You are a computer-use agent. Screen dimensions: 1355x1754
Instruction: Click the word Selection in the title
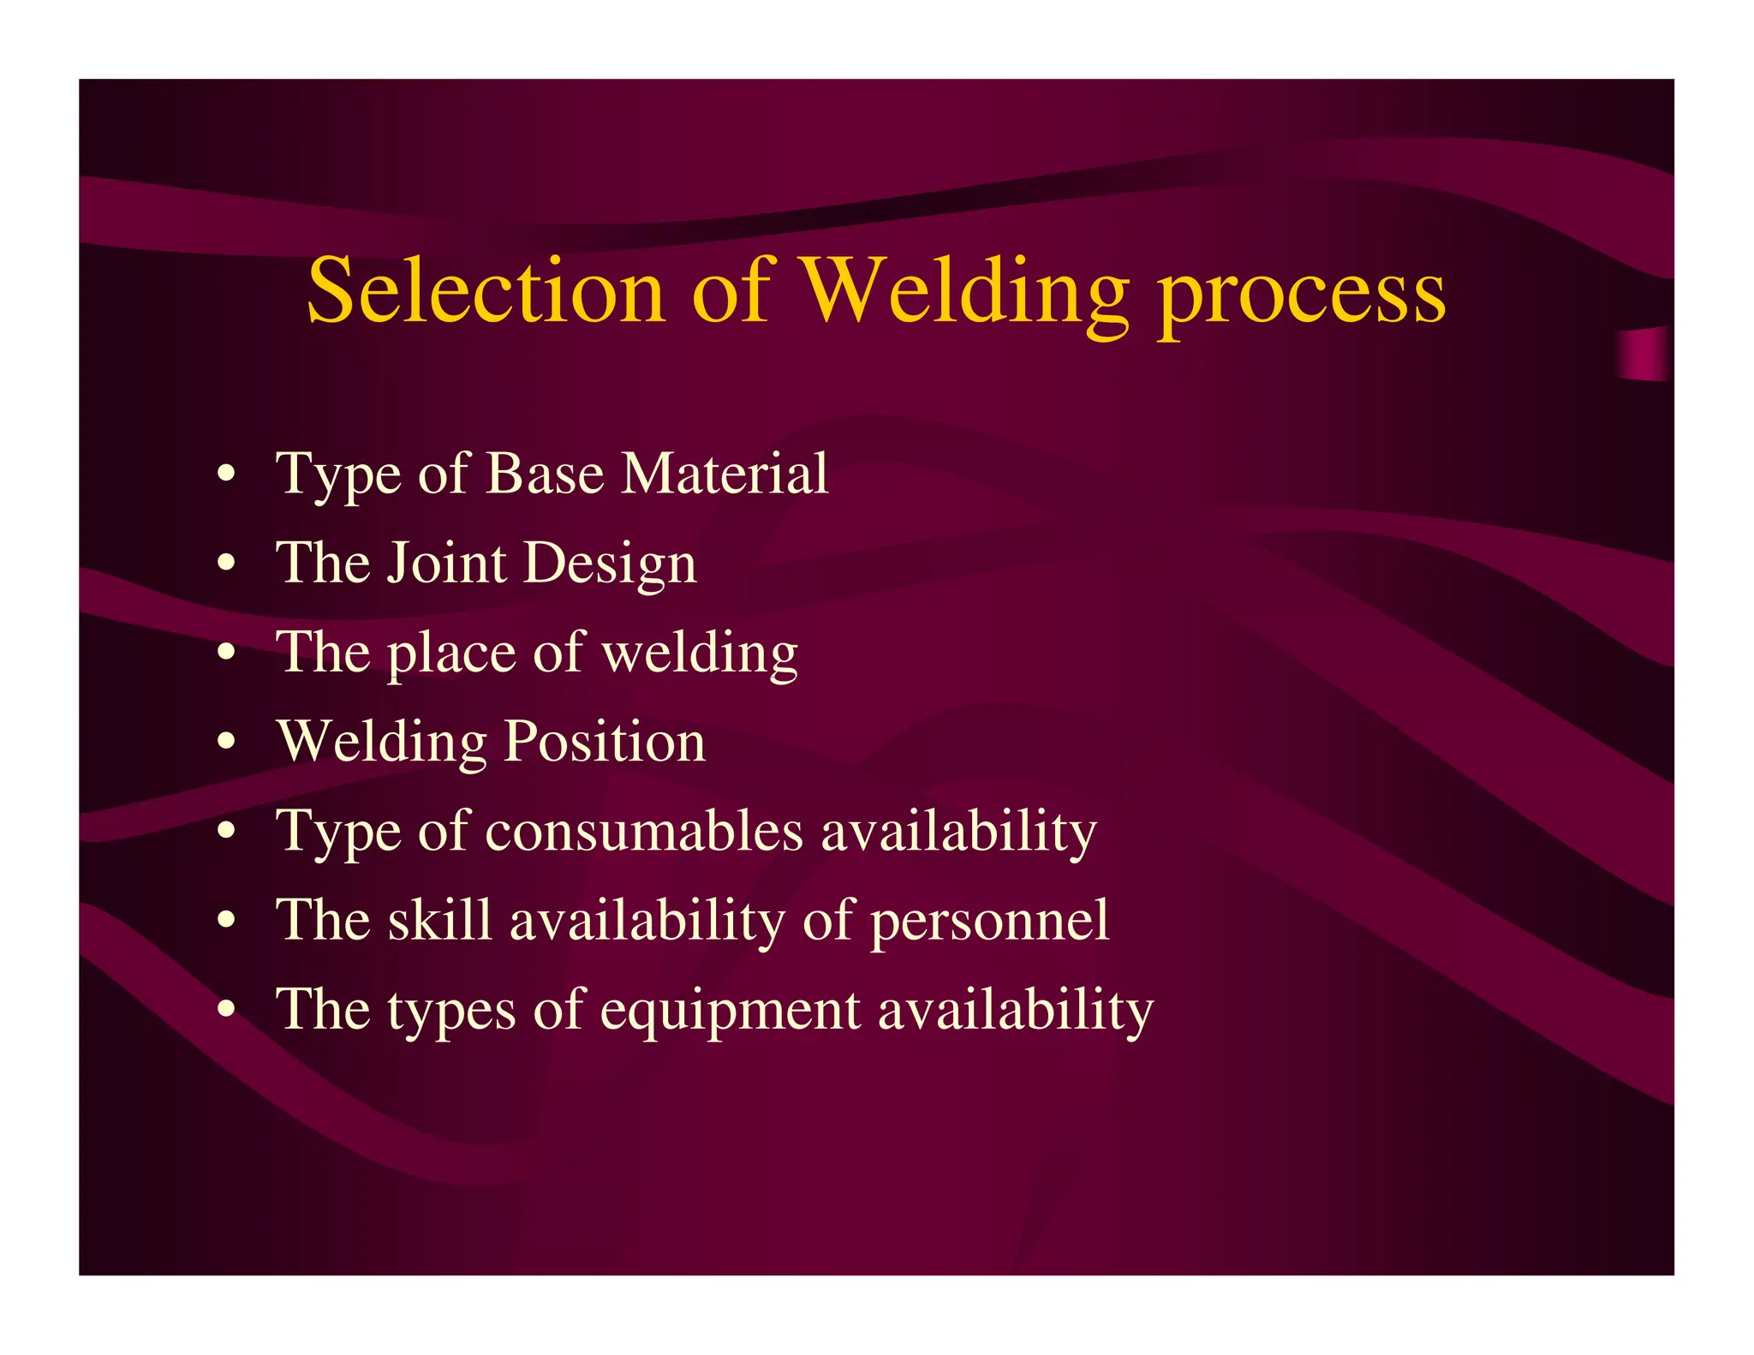click(x=486, y=291)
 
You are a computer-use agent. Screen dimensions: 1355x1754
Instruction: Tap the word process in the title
click(x=1302, y=295)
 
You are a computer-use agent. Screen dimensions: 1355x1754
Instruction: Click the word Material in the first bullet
click(x=725, y=473)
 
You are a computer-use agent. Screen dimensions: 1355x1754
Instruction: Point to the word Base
click(x=545, y=473)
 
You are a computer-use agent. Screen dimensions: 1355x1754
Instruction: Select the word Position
click(x=605, y=741)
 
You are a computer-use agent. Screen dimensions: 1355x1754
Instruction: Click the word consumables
click(x=644, y=831)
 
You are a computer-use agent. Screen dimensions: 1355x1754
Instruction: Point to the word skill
click(x=440, y=920)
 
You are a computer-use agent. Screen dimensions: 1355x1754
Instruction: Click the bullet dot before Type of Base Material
click(x=226, y=474)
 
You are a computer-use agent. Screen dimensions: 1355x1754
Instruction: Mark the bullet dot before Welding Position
click(x=226, y=741)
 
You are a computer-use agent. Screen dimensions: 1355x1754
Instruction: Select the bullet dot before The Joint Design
click(x=226, y=563)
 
